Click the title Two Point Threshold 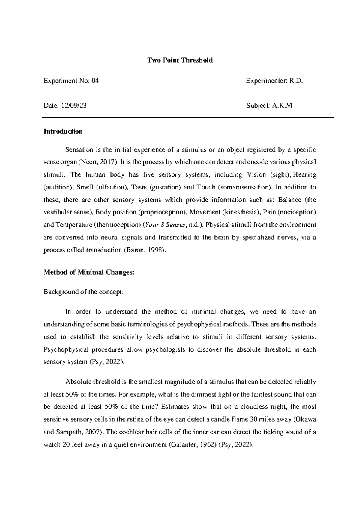180,60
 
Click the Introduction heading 63,131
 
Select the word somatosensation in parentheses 245,187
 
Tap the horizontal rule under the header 188,117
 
